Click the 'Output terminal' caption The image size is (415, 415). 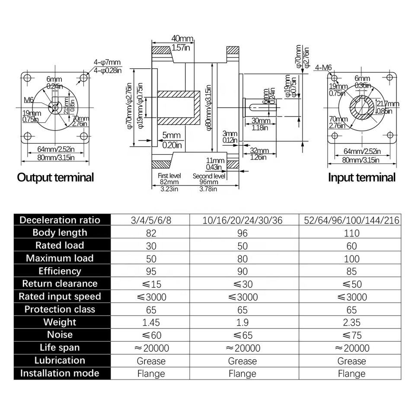(55, 177)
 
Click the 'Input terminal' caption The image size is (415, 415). (361, 177)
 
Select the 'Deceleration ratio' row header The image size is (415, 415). (60, 220)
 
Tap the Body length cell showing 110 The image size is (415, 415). (351, 233)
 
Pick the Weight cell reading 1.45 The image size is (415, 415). (151, 322)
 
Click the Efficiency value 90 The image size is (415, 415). (242, 271)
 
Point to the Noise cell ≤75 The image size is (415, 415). (351, 335)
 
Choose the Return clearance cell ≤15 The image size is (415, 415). (151, 284)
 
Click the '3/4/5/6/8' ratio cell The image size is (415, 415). (151, 220)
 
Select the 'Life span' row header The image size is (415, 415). (60, 348)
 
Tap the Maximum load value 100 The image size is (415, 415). (351, 259)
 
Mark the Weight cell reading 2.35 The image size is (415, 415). (351, 322)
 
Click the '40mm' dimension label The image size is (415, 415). (182, 38)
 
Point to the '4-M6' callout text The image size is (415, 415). (323, 67)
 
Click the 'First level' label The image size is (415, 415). (169, 176)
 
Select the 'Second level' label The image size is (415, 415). (209, 176)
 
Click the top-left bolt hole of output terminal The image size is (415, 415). (28, 79)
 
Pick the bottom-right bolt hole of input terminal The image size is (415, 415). (390, 135)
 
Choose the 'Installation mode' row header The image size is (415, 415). (60, 373)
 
